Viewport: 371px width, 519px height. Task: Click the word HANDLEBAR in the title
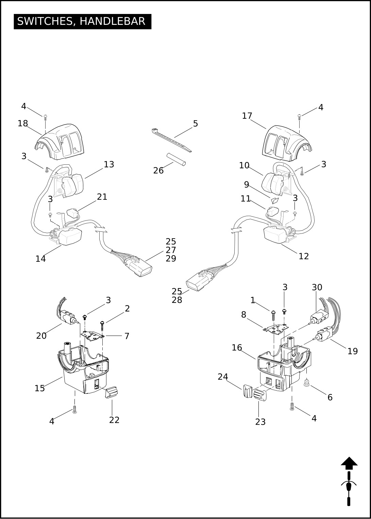[112, 21]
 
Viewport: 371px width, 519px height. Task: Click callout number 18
[23, 124]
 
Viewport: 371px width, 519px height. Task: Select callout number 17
[247, 116]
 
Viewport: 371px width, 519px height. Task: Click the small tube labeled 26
[176, 160]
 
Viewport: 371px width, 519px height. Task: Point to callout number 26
[158, 171]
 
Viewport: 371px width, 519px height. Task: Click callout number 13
[109, 165]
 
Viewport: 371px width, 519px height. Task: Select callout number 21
[102, 197]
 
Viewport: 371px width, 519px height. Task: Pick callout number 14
[40, 259]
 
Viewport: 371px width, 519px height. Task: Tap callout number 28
[177, 300]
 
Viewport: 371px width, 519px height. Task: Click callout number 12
[304, 256]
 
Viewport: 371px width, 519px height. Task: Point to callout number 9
[247, 185]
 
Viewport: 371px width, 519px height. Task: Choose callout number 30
[317, 288]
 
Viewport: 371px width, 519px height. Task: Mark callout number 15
[39, 388]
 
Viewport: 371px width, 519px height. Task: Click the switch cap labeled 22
[112, 392]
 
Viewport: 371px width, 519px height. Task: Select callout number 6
[330, 398]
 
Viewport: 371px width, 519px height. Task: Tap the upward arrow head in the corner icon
[349, 463]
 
